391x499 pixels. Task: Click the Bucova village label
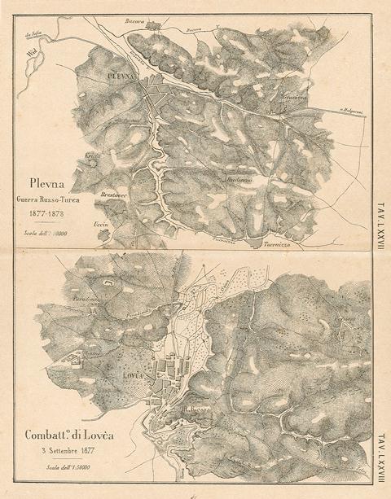pyautogui.click(x=134, y=21)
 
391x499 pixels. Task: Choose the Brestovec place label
pyautogui.click(x=94, y=195)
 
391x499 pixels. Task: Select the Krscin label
pyautogui.click(x=92, y=155)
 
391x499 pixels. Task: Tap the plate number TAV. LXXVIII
pyautogui.click(x=380, y=461)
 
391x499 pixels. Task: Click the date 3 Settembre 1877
pyautogui.click(x=68, y=451)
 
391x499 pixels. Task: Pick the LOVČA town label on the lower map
pyautogui.click(x=134, y=375)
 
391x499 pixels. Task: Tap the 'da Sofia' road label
pyautogui.click(x=33, y=34)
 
